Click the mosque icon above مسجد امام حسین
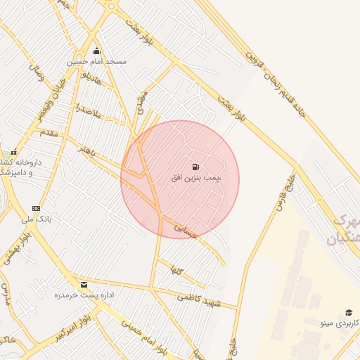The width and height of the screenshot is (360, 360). click(97, 51)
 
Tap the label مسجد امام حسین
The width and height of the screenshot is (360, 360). click(97, 62)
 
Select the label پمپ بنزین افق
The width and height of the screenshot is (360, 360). click(196, 179)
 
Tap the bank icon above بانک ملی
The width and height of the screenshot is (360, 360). click(37, 208)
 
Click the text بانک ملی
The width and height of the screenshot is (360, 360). click(37, 219)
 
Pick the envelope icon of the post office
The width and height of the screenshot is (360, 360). click(84, 285)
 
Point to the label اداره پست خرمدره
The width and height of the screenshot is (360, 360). click(84, 295)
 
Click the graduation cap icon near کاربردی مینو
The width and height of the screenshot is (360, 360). click(348, 312)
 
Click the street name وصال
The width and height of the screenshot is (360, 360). click(36, 72)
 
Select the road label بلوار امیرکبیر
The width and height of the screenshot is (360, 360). click(85, 326)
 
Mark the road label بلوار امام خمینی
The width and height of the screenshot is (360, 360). click(143, 335)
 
